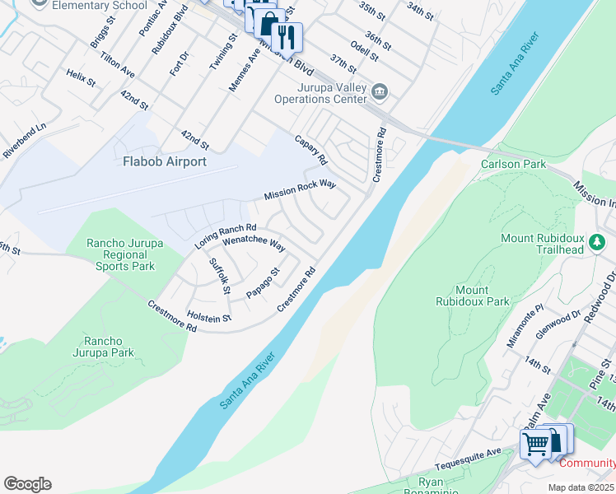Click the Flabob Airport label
pos(166,161)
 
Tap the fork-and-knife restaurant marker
pos(287,36)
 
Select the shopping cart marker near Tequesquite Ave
pos(536,445)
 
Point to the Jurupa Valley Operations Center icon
pos(379,91)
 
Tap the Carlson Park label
pos(513,164)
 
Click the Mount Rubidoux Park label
pos(473,296)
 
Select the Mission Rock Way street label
pos(300,190)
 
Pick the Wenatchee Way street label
pos(254,245)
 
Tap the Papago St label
pos(264,282)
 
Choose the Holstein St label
pos(208,312)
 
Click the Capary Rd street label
pos(311,148)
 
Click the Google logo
pos(27,484)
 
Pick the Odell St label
pos(364,51)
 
